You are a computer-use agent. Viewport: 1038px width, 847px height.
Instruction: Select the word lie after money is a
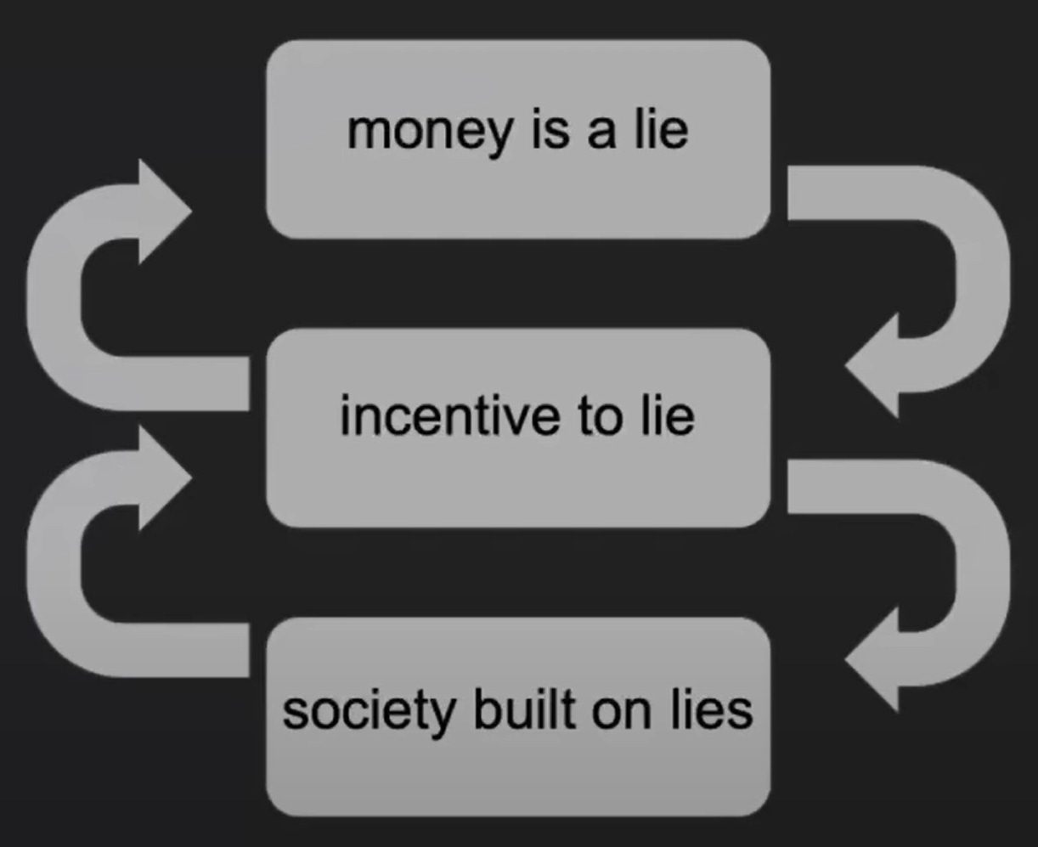pos(659,130)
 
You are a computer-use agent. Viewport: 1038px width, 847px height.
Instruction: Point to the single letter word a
pos(600,134)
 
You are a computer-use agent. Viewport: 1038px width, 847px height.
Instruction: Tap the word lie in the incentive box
pos(667,416)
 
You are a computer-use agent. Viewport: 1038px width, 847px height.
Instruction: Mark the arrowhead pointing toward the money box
pos(161,211)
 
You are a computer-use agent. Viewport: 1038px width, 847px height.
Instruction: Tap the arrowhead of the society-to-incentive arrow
pos(161,478)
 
